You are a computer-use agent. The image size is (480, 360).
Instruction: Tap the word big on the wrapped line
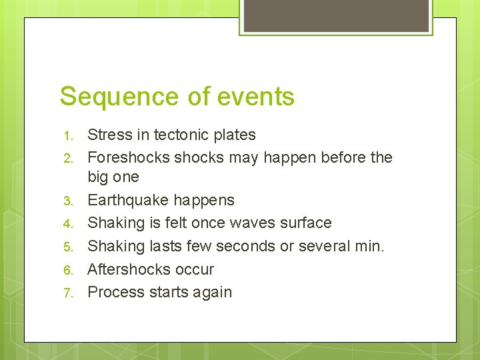click(x=99, y=177)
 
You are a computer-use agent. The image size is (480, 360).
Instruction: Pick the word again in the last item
click(x=211, y=292)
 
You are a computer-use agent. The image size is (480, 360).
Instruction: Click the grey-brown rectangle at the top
click(x=335, y=15)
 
